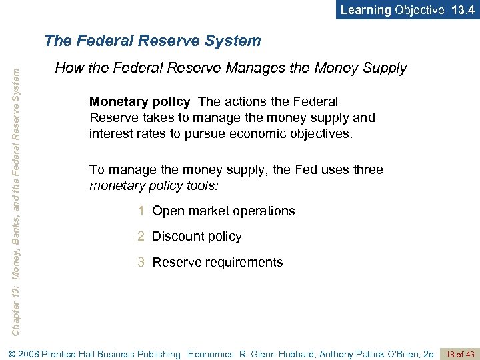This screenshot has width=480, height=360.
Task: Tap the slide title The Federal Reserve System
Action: (153, 41)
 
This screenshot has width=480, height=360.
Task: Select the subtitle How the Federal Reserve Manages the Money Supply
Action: (231, 68)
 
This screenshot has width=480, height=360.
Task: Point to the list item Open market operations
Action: (223, 211)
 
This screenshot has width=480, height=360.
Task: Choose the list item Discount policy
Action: (197, 237)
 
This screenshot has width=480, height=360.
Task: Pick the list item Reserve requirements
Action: (217, 263)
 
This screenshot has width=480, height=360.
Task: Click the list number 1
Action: (141, 211)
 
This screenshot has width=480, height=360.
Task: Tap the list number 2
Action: (141, 237)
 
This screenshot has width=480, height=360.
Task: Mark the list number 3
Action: (141, 263)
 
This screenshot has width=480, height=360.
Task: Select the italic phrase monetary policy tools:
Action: (154, 185)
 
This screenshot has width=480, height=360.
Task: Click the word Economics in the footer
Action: (211, 355)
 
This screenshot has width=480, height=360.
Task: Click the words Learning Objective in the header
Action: (392, 10)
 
